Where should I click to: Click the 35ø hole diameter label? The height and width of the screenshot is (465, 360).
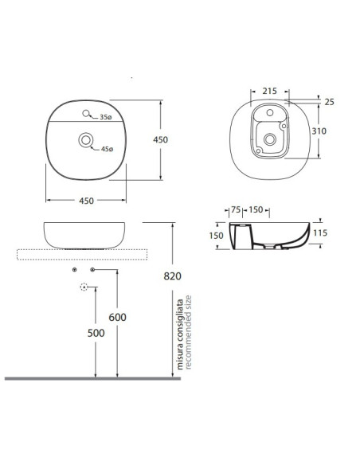[106, 117]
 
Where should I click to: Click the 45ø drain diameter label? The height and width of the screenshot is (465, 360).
[107, 149]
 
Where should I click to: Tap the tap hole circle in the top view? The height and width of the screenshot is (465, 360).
[86, 113]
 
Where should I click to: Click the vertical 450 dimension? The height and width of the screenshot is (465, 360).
[160, 139]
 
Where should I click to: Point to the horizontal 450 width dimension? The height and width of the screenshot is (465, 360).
[86, 201]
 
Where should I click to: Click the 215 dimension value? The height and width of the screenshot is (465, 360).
[269, 91]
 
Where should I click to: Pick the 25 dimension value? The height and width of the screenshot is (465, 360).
[329, 102]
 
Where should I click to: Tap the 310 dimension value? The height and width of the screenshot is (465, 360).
[319, 131]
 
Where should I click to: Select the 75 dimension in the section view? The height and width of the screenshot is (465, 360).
[236, 209]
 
